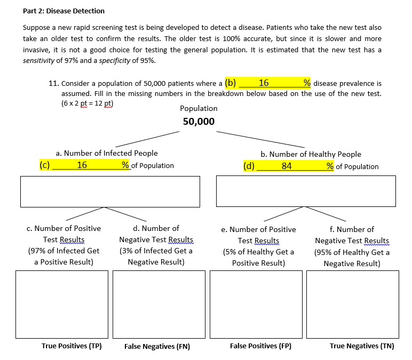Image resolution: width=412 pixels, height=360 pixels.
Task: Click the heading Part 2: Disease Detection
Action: point(64,11)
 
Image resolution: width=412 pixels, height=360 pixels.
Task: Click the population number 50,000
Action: point(199,122)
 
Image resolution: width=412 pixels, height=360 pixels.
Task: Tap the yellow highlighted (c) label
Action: point(45,165)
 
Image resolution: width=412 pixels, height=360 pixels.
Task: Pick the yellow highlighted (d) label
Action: point(249,165)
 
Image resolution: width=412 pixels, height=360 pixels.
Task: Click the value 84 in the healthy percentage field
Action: point(287,166)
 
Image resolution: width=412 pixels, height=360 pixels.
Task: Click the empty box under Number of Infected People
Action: point(110,191)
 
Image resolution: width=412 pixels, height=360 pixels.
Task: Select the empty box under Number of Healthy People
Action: point(306,191)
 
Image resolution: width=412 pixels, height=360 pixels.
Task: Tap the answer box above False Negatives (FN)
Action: point(159,304)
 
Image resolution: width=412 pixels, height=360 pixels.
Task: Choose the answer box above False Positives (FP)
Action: point(256,304)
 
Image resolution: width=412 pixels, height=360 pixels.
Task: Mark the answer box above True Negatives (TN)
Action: point(353,304)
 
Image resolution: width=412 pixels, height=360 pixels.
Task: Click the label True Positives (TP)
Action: point(72,346)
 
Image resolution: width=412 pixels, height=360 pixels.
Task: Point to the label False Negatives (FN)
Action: point(157,347)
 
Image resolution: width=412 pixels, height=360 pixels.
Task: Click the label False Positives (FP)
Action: point(260,346)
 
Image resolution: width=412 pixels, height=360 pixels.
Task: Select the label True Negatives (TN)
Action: point(362,346)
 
